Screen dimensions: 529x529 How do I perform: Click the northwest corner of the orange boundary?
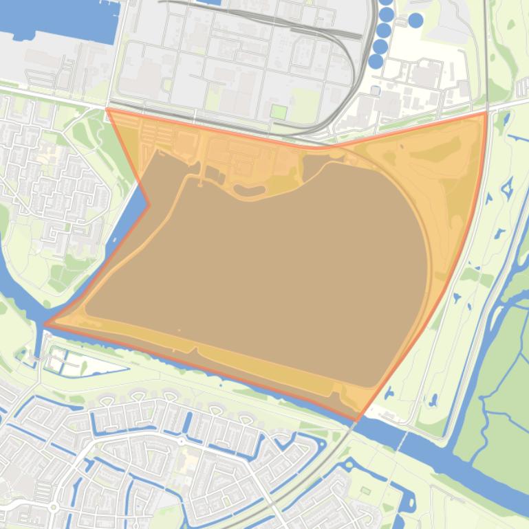click(x=108, y=109)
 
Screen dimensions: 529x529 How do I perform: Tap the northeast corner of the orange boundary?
click(x=486, y=113)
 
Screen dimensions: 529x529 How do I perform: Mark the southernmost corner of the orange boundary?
click(x=357, y=419)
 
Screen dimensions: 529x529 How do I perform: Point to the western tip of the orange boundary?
click(x=45, y=324)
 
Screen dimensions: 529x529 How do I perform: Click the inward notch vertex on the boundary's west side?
click(x=149, y=204)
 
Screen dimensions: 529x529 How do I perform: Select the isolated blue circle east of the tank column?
click(x=415, y=21)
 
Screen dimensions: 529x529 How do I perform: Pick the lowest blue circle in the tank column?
click(x=376, y=61)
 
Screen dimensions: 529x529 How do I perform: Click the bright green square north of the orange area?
click(x=279, y=111)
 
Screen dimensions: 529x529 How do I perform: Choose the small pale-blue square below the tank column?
click(x=375, y=90)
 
